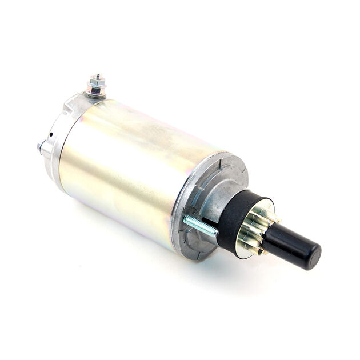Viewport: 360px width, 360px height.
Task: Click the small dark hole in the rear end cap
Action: click(x=51, y=135)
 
